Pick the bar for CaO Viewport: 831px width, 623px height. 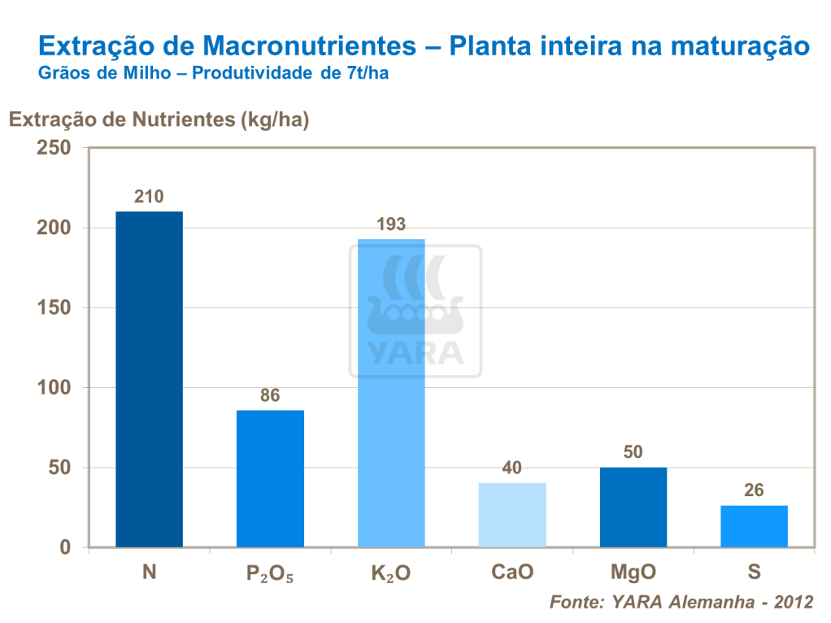pyautogui.click(x=512, y=515)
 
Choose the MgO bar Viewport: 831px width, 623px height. pyautogui.click(x=633, y=507)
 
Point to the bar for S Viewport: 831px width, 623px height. pyautogui.click(x=754, y=526)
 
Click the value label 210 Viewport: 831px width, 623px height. pyautogui.click(x=149, y=197)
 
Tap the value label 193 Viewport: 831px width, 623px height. pyautogui.click(x=391, y=224)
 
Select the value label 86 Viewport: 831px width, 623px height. pyautogui.click(x=270, y=396)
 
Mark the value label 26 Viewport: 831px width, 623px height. pyautogui.click(x=754, y=491)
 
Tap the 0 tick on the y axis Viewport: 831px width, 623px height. pyautogui.click(x=65, y=547)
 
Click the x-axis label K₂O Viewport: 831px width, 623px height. pyautogui.click(x=391, y=573)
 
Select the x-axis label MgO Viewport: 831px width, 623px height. pyautogui.click(x=633, y=573)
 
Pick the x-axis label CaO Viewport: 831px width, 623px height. pyautogui.click(x=512, y=573)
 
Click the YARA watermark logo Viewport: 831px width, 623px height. pyautogui.click(x=415, y=311)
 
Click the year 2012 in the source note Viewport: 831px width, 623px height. pyautogui.click(x=794, y=603)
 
